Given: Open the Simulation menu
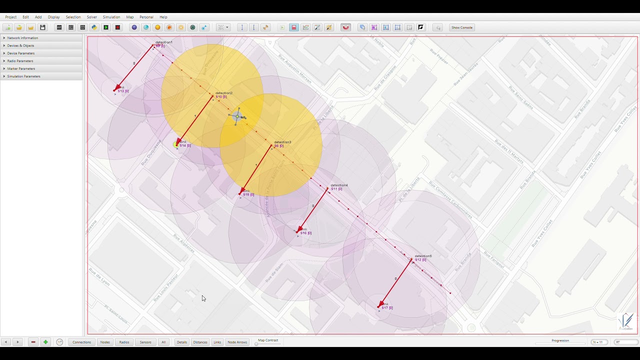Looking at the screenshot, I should pos(111,17).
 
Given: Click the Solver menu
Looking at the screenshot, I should pos(92,17).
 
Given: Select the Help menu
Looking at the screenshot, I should pos(163,17).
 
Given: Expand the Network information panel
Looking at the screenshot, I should pos(22,38).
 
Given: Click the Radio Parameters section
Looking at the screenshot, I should pos(20,61).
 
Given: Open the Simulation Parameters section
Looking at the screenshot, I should pos(23,76).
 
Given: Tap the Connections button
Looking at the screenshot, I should pos(81,342).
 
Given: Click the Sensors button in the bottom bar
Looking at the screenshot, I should pos(145,342).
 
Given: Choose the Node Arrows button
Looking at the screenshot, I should pos(237,342).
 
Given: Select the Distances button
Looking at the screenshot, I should pos(200,342).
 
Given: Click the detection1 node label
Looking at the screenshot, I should pos(163,42).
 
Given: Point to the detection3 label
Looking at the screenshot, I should pos(282,142).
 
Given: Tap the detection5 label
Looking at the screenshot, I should pos(423,256).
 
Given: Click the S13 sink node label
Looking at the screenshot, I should pos(123,91).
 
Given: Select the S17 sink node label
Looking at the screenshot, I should pos(387,307).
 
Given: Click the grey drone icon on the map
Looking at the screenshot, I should pos(236,116).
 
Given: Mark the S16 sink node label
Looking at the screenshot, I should pos(305,233).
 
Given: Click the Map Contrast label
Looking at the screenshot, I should pos(268,340).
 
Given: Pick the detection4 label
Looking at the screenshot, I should pos(339,185).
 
